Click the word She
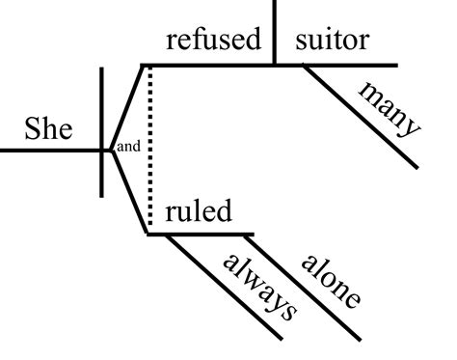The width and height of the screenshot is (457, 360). click(x=49, y=130)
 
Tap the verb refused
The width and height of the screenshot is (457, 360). click(x=213, y=41)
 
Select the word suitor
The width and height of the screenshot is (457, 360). click(x=333, y=41)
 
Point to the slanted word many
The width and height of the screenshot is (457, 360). click(x=390, y=107)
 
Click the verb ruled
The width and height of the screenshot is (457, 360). click(x=199, y=212)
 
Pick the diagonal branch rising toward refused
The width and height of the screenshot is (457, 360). click(x=125, y=106)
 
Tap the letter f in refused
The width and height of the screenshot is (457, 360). click(x=204, y=40)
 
